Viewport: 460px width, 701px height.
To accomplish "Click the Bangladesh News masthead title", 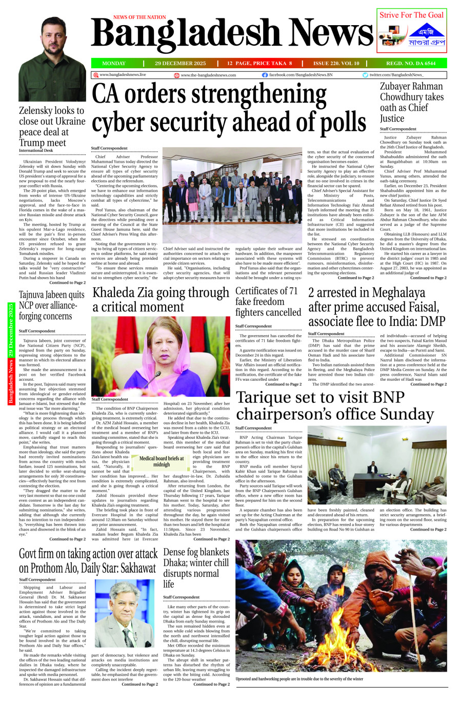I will click(x=232, y=34).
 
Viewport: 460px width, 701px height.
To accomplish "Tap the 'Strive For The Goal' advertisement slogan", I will click(x=411, y=15).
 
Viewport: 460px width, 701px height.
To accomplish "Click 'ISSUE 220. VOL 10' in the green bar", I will click(x=336, y=64).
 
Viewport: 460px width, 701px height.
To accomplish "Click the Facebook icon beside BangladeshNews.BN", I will click(x=265, y=75).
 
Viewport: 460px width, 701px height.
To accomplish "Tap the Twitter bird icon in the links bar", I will click(x=365, y=75).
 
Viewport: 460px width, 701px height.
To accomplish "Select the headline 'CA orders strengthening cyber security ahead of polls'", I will click(x=229, y=108).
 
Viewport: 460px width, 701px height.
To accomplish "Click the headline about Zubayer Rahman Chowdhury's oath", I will click(x=412, y=102).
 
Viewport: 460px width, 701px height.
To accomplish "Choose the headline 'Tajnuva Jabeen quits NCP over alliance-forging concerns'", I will click(x=52, y=305).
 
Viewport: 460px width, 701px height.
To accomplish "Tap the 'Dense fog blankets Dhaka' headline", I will click(x=196, y=568).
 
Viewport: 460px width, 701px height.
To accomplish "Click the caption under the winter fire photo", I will click(x=299, y=678).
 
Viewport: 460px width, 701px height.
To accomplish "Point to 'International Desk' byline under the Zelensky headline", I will click(x=36, y=150).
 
